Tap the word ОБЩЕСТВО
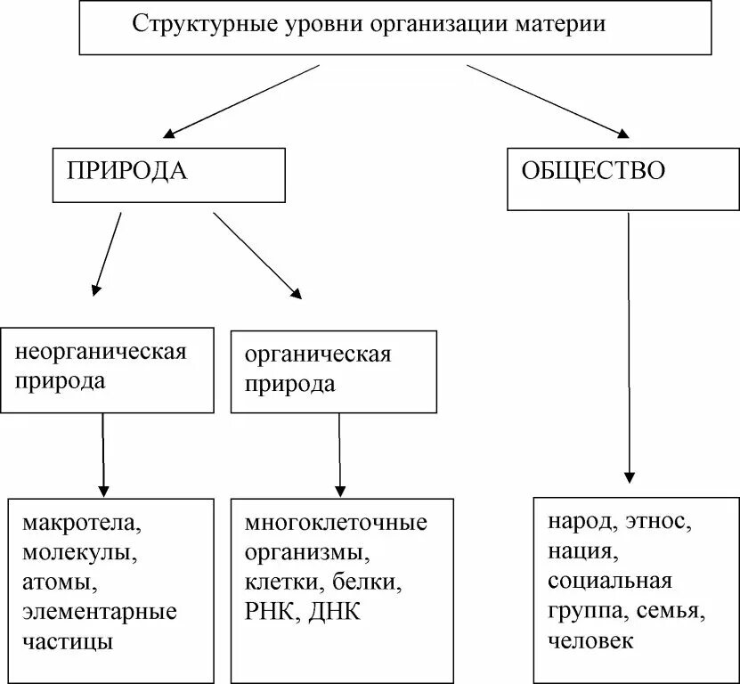pyautogui.click(x=592, y=170)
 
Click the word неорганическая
pyautogui.click(x=101, y=350)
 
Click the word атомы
pyautogui.click(x=59, y=582)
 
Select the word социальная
pyautogui.click(x=610, y=582)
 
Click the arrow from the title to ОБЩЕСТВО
pyautogui.click(x=547, y=100)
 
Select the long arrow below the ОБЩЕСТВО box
pyautogui.click(x=630, y=347)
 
